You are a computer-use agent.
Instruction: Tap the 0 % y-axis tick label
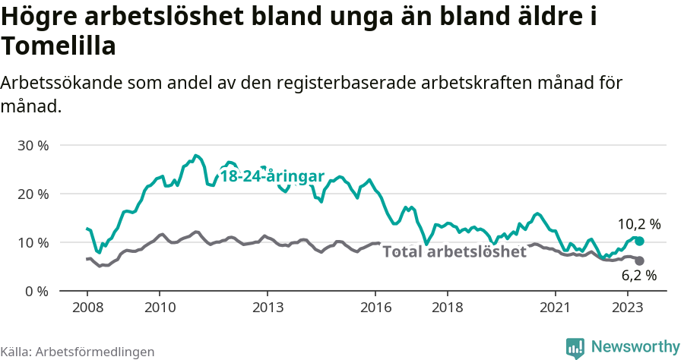[36, 291]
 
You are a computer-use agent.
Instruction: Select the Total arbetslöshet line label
[454, 252]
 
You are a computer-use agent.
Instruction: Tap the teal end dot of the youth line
[639, 241]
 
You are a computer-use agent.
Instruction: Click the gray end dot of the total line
[639, 261]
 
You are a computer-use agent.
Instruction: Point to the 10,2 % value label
[639, 224]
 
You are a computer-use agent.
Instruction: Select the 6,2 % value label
[639, 276]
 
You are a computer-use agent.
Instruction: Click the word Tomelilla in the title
[59, 47]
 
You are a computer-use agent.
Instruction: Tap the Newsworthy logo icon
[575, 348]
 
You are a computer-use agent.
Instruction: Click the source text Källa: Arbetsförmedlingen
[78, 352]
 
